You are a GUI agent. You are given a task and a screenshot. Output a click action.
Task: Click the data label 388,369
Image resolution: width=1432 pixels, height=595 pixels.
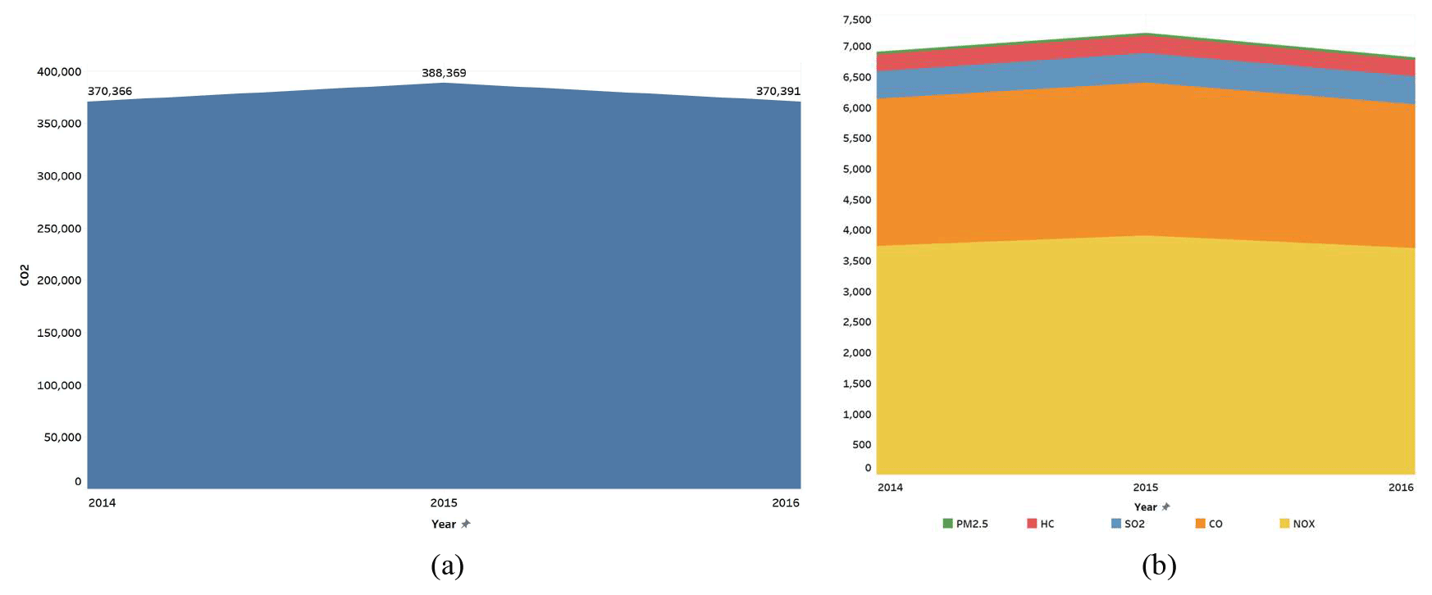tap(444, 73)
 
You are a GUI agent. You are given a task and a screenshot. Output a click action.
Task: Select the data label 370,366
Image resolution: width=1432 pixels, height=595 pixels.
tap(110, 91)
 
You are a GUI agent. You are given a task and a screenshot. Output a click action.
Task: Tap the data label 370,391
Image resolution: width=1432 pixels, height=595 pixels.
tap(778, 91)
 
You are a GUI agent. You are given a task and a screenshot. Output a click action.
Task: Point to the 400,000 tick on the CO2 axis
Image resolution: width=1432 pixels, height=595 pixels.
tap(59, 71)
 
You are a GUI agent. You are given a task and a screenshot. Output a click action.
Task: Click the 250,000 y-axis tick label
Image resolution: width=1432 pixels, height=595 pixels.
tap(59, 228)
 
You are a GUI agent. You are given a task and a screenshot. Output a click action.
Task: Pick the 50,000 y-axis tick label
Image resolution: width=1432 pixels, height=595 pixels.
tap(62, 437)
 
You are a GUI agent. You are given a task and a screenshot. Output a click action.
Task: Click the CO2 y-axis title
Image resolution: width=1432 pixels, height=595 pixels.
tap(25, 275)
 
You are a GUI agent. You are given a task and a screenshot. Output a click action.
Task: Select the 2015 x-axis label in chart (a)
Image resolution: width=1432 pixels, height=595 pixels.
tap(444, 502)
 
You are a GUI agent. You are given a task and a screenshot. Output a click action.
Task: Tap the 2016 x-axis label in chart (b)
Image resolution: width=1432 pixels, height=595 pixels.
tap(1401, 487)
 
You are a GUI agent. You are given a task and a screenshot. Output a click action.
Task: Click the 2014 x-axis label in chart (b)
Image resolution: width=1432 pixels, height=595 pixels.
tap(890, 487)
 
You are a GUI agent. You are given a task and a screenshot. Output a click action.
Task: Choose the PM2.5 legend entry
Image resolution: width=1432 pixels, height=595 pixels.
tap(965, 524)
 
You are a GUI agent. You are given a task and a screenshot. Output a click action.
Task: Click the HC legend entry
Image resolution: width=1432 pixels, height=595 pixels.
tap(1041, 524)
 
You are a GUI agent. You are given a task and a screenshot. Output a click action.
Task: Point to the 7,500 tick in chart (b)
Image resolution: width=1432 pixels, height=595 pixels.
tap(857, 20)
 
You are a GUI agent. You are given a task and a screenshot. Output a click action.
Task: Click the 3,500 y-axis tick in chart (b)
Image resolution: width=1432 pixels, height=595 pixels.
tap(857, 261)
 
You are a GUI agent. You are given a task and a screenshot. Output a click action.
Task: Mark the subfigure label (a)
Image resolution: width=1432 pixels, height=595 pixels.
tap(447, 565)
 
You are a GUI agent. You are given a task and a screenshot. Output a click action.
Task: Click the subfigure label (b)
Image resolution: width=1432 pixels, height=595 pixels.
tap(1159, 565)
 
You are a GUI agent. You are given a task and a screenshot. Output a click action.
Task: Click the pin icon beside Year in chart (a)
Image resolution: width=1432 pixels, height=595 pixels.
tap(466, 524)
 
